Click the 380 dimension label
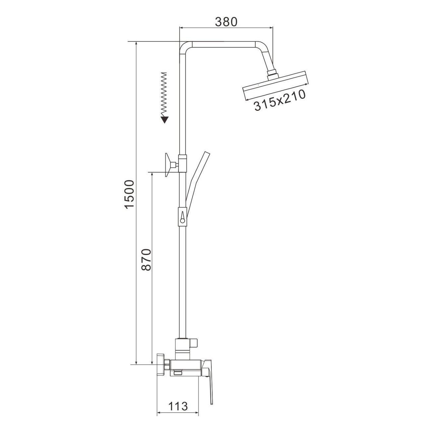tap(226, 22)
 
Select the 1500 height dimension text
tap(130, 194)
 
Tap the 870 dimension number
tap(147, 260)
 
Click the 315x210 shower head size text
tap(280, 100)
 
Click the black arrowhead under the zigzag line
tap(165, 120)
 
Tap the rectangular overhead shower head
tap(276, 86)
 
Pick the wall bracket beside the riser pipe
tap(171, 165)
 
